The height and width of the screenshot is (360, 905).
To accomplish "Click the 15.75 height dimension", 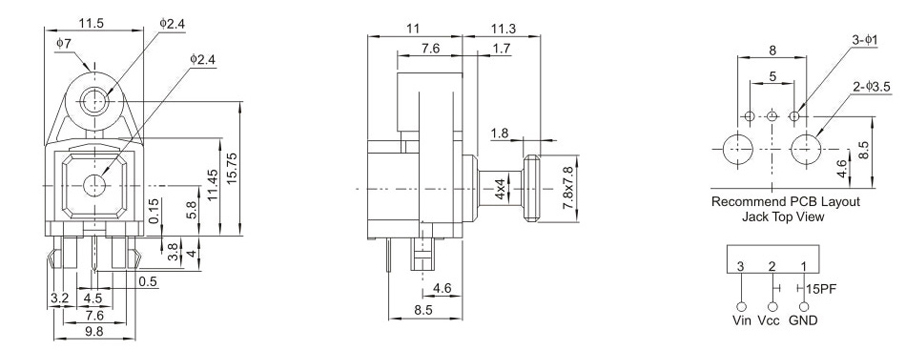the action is [x=232, y=169].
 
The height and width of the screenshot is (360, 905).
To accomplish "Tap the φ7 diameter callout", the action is [x=63, y=43].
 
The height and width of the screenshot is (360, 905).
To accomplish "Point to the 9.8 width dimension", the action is [x=94, y=331].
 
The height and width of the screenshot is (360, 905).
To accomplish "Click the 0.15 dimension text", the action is [x=153, y=212].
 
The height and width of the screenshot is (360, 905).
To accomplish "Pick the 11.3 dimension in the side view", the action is [x=503, y=28].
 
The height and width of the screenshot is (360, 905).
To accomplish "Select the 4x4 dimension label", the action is [x=500, y=189].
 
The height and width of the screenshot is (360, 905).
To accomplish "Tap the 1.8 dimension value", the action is [x=500, y=133].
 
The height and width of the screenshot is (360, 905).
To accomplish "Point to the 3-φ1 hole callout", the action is [x=865, y=40].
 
